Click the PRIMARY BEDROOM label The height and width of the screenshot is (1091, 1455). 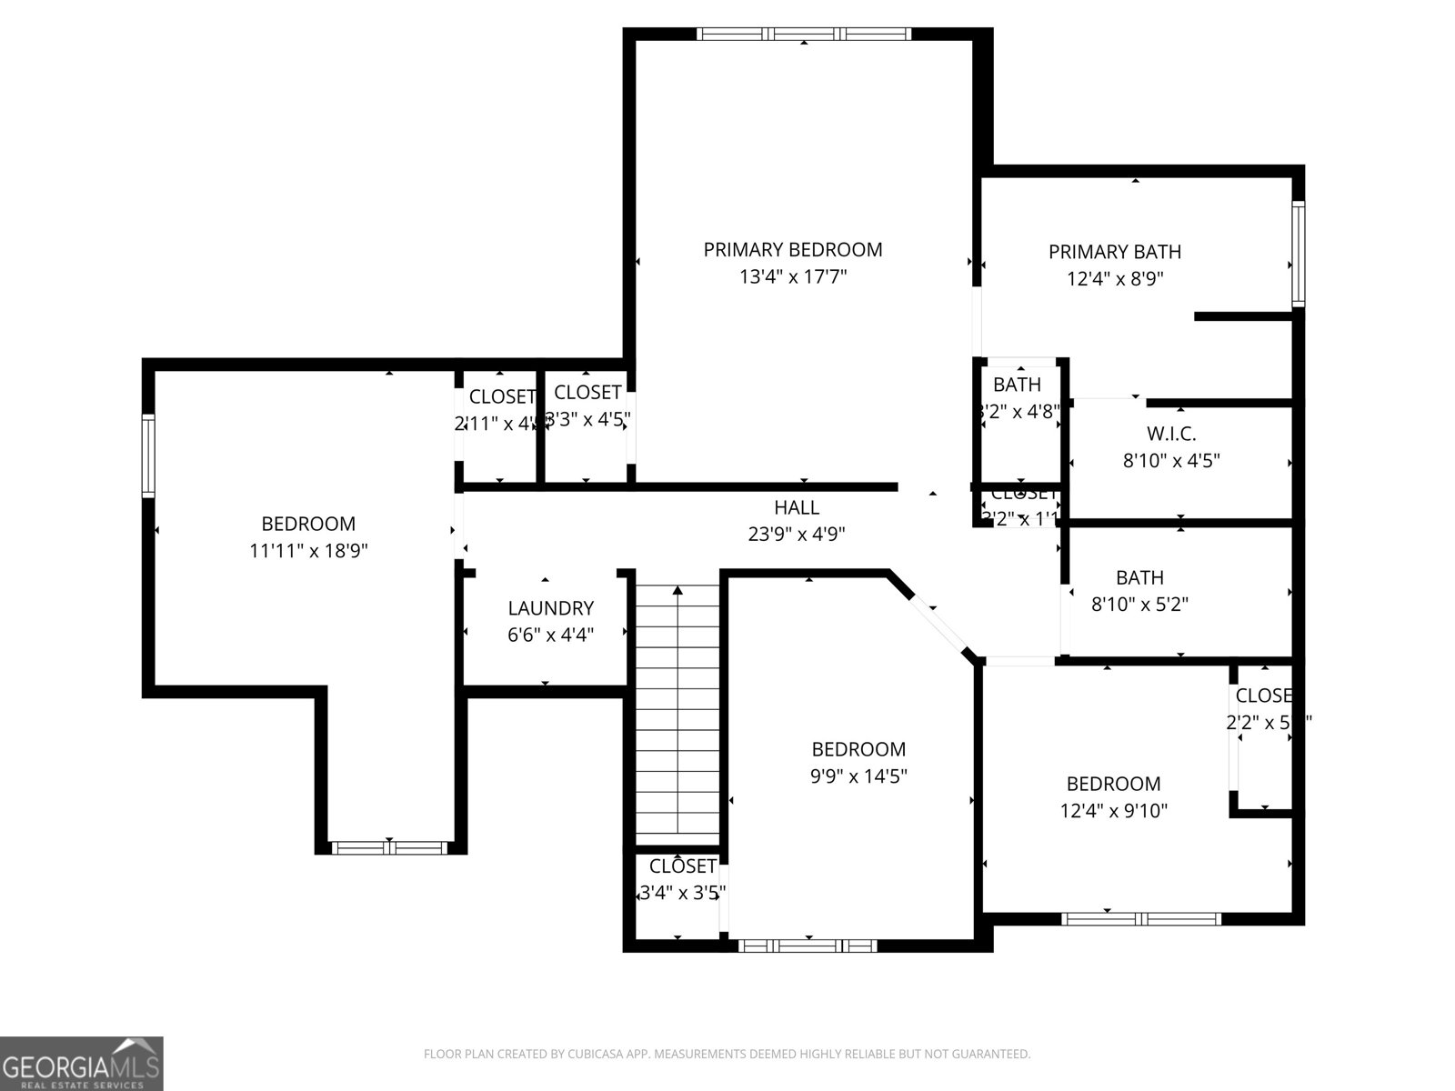[792, 249]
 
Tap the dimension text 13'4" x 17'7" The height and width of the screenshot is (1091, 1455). [792, 276]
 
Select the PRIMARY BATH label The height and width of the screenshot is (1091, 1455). [1115, 252]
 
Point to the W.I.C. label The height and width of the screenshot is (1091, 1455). [1171, 434]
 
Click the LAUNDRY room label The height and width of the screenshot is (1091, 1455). [550, 608]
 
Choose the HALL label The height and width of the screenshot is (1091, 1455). [797, 507]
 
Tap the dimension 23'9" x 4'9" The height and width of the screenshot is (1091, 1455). [797, 535]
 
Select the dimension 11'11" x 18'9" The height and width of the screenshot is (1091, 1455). [308, 550]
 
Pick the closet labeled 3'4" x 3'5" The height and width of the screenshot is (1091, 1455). [682, 880]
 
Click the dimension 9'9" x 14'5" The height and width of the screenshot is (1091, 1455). [858, 776]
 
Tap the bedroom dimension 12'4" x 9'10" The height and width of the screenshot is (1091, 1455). [1113, 810]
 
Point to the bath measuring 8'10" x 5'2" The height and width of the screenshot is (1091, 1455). [1139, 591]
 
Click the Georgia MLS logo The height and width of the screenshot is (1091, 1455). [82, 1063]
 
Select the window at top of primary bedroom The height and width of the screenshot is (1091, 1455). [804, 35]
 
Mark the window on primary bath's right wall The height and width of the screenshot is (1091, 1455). [1299, 254]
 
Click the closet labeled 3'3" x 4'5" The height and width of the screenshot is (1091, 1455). [587, 405]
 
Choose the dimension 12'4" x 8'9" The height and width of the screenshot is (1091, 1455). [1115, 278]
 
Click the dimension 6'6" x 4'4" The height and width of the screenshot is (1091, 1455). [550, 635]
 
